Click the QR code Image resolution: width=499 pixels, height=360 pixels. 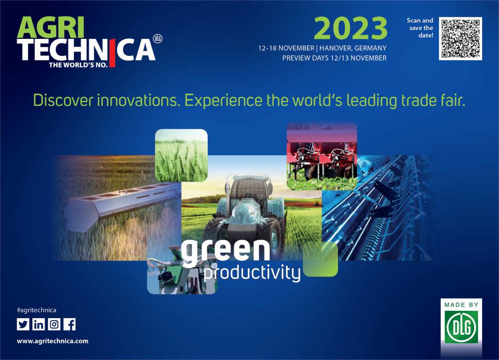pos(461,38)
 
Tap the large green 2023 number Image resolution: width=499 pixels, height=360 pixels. pos(350,28)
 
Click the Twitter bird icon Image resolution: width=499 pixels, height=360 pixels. pos(23,324)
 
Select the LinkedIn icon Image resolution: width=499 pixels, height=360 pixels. pos(38,324)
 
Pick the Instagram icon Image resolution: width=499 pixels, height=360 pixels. pos(54,324)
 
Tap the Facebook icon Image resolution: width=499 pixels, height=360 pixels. pos(70,324)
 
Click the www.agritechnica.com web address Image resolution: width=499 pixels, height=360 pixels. pos(53,341)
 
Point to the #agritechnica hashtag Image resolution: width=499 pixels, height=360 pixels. pos(37,310)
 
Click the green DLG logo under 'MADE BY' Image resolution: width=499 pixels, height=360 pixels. pos(461,327)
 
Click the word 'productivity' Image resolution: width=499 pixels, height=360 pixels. pos(252,273)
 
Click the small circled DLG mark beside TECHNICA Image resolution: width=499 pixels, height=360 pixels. pos(158,39)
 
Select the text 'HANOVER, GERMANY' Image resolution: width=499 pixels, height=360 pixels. pos(353,48)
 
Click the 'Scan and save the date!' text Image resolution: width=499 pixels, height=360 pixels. pos(420,28)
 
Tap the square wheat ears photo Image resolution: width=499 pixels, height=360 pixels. pos(181,155)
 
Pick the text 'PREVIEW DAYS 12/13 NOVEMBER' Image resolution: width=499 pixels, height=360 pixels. pos(334,58)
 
